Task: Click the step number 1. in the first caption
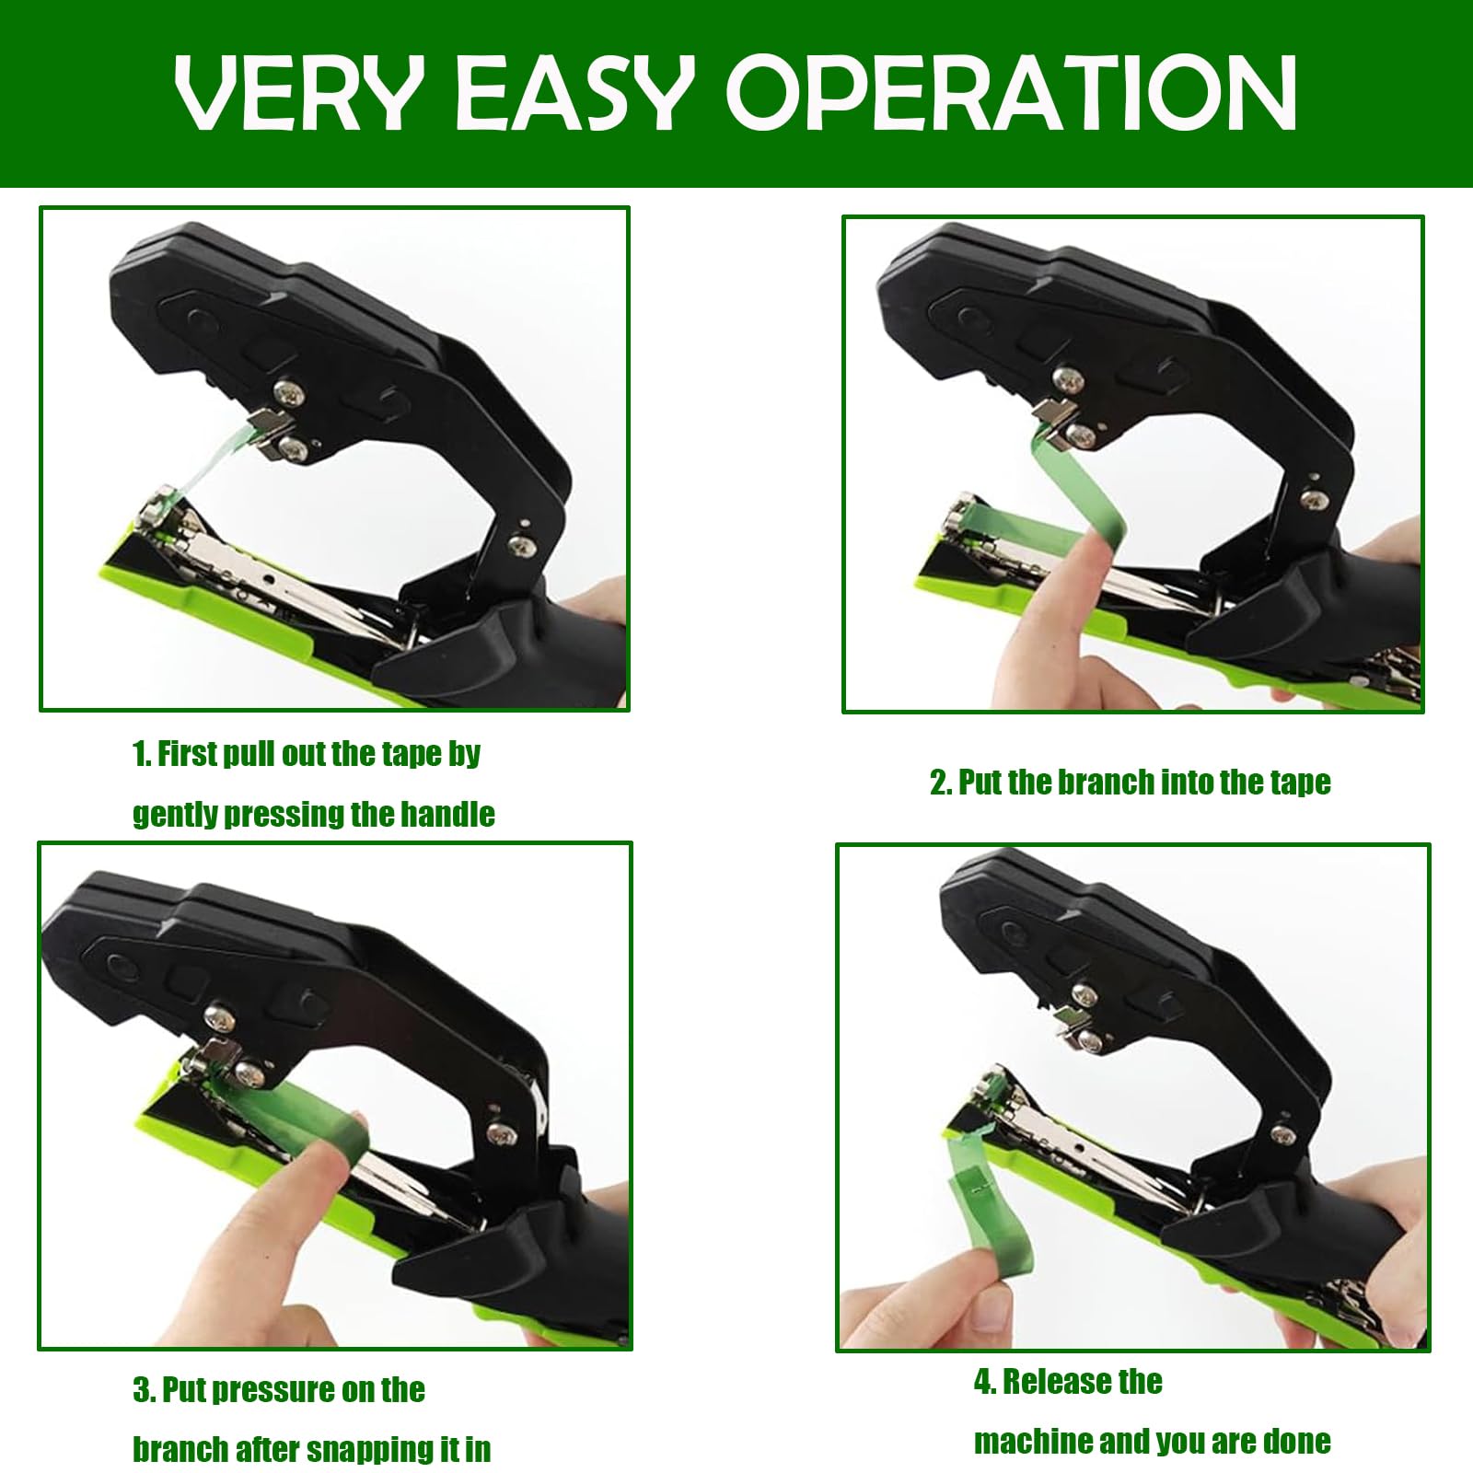142,754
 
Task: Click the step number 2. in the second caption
940,783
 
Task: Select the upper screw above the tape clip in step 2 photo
1068,377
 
